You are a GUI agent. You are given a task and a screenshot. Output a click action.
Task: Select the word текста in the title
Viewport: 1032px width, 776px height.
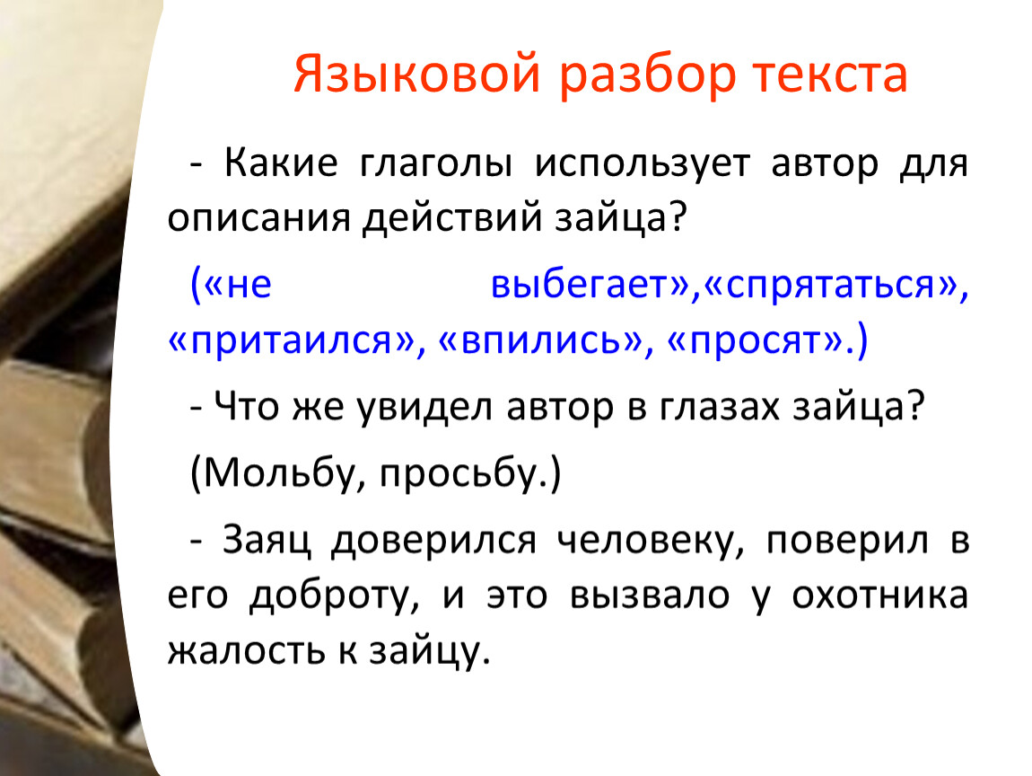point(831,75)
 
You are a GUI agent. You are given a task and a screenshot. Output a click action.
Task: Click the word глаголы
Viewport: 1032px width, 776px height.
point(435,163)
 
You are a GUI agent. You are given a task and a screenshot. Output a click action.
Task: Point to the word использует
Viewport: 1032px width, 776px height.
point(642,164)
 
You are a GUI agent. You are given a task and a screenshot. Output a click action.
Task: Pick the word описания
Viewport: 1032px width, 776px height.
point(258,217)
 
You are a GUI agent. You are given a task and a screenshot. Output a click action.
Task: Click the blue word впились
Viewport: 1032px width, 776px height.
point(541,340)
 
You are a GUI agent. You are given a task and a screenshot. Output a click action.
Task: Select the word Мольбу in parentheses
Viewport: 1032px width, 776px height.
point(279,472)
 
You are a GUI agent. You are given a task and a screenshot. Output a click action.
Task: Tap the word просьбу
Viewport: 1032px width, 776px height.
point(458,472)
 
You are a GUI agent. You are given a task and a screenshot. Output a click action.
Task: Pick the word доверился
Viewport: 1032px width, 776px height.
point(433,542)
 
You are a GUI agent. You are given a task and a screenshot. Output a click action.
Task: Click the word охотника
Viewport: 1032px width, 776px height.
point(880,595)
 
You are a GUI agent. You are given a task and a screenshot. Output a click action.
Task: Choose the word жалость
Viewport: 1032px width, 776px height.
point(247,651)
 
